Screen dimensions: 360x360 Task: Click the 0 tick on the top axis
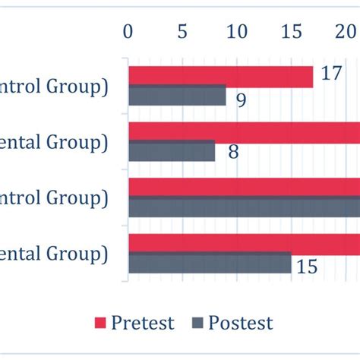click(128, 32)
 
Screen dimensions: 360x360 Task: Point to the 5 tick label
click(182, 32)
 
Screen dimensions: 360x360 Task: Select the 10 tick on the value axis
click(237, 32)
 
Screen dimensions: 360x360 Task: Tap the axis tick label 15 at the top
click(292, 32)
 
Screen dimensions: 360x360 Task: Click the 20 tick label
click(346, 32)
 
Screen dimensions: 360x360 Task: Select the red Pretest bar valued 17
click(220, 77)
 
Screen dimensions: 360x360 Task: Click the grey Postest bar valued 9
click(177, 95)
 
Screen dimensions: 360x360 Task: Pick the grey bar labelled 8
click(172, 150)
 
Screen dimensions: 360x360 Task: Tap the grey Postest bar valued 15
click(210, 263)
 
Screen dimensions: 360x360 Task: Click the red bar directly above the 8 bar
click(243, 132)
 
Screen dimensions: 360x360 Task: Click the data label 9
click(241, 99)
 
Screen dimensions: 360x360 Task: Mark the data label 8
click(233, 152)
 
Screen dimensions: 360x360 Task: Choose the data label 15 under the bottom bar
click(307, 267)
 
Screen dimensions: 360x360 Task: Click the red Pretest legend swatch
click(99, 323)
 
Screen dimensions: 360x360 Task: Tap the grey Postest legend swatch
click(199, 323)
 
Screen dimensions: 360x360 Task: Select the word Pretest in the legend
click(143, 323)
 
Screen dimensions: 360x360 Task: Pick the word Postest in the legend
click(241, 323)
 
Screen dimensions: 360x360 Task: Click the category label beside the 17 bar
click(53, 87)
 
